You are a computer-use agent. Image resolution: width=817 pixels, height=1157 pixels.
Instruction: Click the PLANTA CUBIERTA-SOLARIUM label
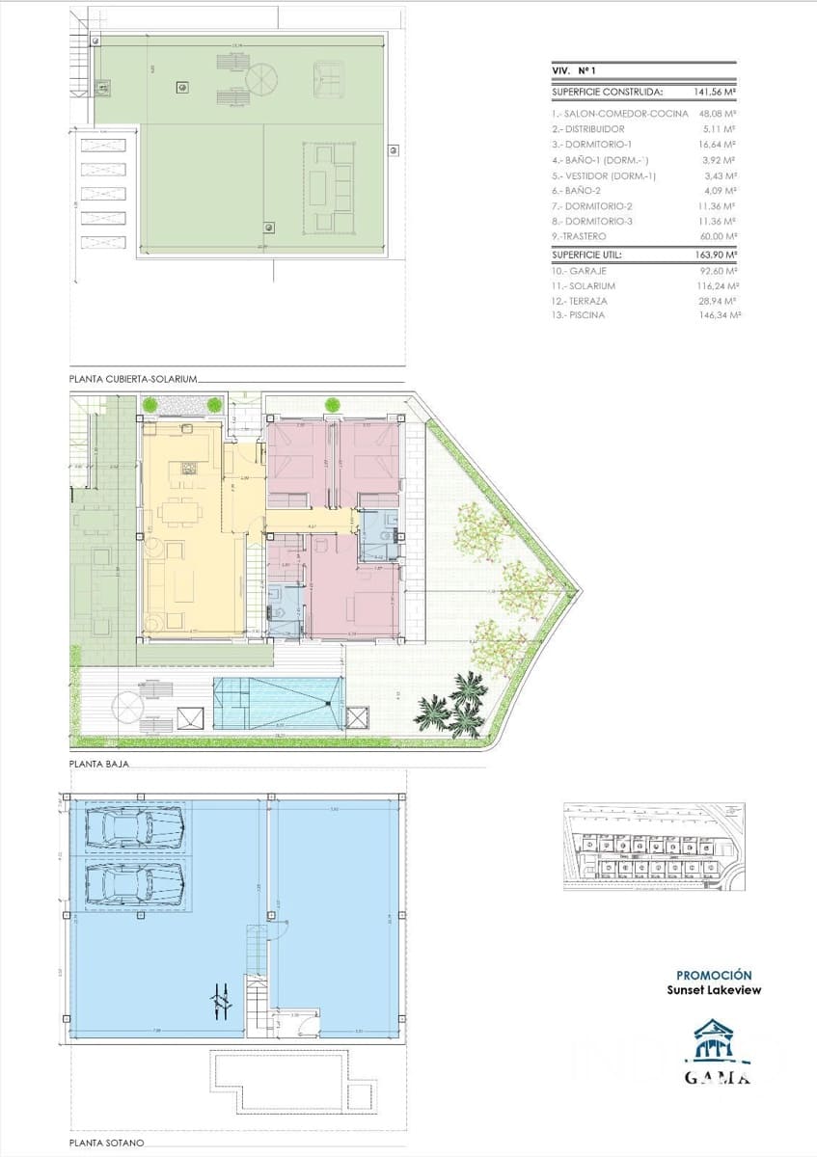pyautogui.click(x=133, y=380)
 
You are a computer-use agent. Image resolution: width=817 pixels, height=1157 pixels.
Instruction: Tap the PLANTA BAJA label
pyautogui.click(x=99, y=763)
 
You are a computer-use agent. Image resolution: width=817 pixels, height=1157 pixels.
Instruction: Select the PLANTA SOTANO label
pyautogui.click(x=106, y=1143)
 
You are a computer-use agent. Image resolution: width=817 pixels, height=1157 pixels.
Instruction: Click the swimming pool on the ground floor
pyautogui.click(x=278, y=701)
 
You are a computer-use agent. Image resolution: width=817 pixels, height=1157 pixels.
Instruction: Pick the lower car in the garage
pyautogui.click(x=135, y=884)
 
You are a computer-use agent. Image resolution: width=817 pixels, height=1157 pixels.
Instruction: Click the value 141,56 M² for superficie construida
pyautogui.click(x=715, y=93)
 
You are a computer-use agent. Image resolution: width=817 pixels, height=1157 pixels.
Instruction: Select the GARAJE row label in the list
pyautogui.click(x=584, y=271)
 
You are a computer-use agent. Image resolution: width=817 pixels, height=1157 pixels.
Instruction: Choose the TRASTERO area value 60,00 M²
pyautogui.click(x=719, y=236)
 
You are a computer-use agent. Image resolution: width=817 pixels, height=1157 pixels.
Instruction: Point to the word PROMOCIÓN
pyautogui.click(x=714, y=975)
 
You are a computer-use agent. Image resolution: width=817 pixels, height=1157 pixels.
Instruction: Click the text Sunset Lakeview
pyautogui.click(x=714, y=990)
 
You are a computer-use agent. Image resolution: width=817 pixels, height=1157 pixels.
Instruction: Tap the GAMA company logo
pyautogui.click(x=716, y=1052)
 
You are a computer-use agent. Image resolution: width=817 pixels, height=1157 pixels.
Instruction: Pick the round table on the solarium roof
pyautogui.click(x=260, y=79)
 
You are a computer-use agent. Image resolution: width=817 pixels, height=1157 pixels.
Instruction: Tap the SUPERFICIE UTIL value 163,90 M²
pyautogui.click(x=715, y=256)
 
